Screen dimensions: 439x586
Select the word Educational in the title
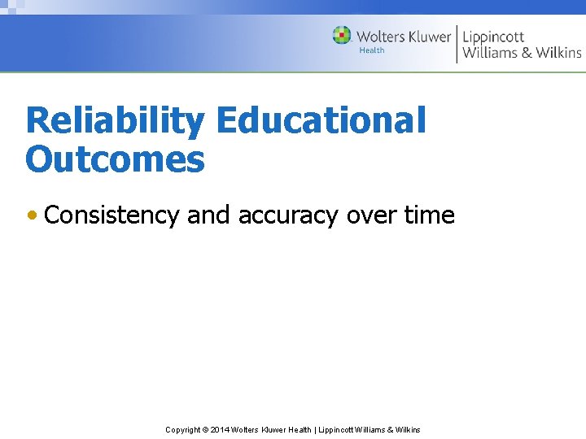pyautogui.click(x=321, y=121)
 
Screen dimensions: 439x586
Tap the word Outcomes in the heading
pyautogui.click(x=115, y=159)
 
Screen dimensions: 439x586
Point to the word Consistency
pyautogui.click(x=112, y=215)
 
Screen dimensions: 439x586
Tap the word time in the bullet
pyautogui.click(x=429, y=215)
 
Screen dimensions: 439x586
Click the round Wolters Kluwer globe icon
pyautogui.click(x=342, y=36)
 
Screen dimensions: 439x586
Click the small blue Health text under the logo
pyautogui.click(x=372, y=50)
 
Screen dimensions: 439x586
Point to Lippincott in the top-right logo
pyautogui.click(x=493, y=37)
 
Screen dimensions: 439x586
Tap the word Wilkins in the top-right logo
pyautogui.click(x=558, y=53)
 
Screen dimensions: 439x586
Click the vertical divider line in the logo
pyautogui.click(x=457, y=44)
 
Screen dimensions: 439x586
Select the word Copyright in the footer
pyautogui.click(x=183, y=429)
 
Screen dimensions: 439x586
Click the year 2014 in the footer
pyautogui.click(x=220, y=429)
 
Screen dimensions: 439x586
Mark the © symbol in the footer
pyautogui.click(x=205, y=429)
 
